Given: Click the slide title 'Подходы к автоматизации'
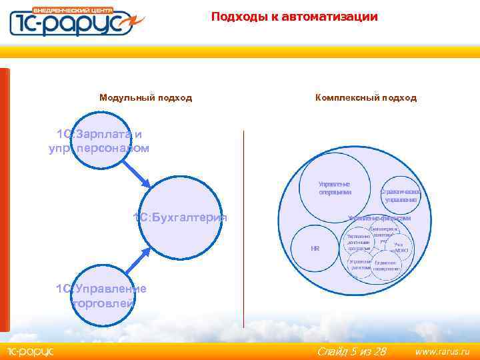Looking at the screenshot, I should pos(294,17).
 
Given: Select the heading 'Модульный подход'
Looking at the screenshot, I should pos(145,98).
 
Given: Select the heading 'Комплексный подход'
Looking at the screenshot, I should pos(366,98).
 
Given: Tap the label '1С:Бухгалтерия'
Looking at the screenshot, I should pos(180,218).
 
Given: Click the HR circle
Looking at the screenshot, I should pos(315,248).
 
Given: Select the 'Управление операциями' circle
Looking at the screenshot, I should pos(335,188).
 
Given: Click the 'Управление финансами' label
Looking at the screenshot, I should pos(379,218).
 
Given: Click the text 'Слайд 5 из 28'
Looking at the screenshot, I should pos(351,351).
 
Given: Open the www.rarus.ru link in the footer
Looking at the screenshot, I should pos(442,351).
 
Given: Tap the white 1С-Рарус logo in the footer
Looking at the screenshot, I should pos(30,351).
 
